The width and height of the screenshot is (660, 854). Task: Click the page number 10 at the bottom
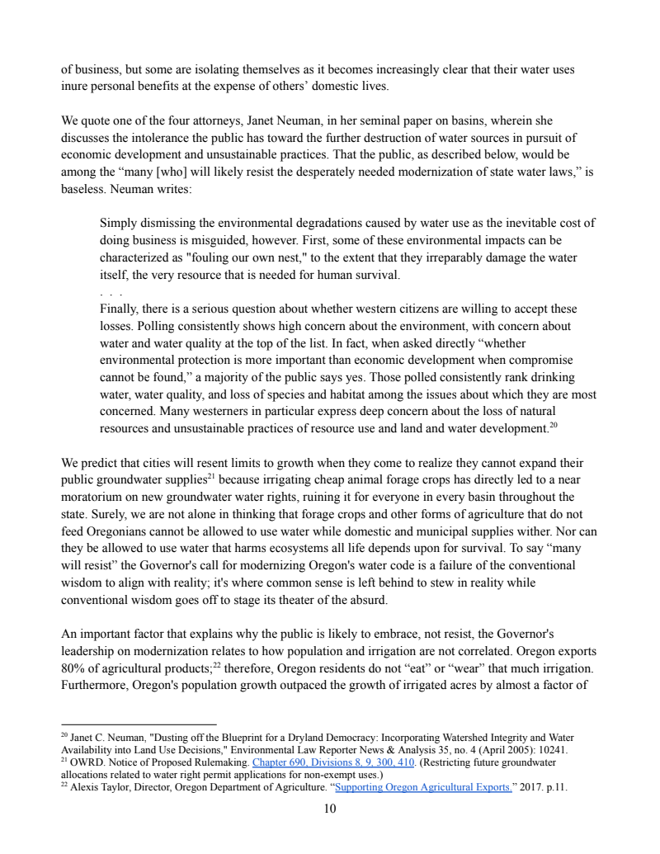click(x=330, y=809)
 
